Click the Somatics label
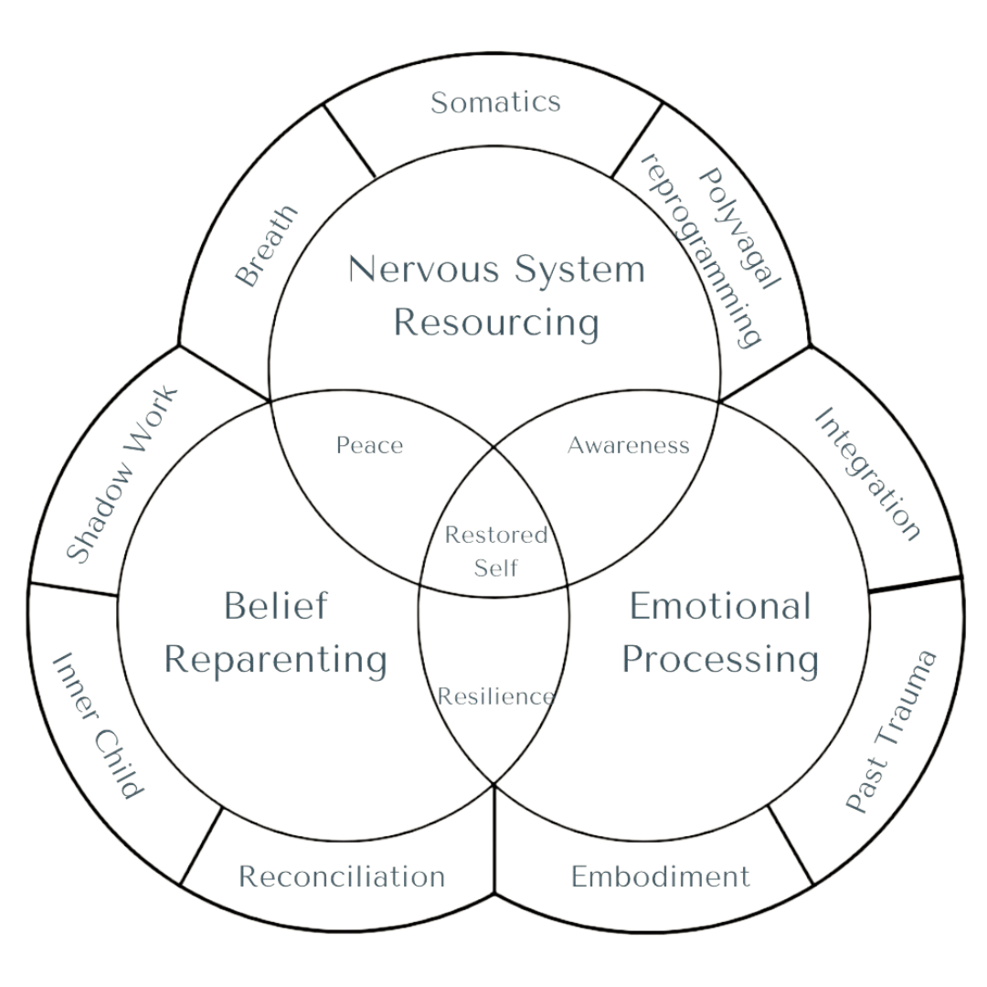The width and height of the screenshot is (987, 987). [x=494, y=101]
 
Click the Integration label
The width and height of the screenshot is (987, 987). [x=866, y=473]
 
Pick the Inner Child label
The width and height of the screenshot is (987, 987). [x=97, y=727]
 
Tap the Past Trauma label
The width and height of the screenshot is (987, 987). [x=889, y=731]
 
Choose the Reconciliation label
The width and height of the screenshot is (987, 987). [x=342, y=876]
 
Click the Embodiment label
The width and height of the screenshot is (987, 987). [x=661, y=876]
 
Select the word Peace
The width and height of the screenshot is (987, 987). [x=369, y=446]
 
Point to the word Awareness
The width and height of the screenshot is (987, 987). [x=628, y=445]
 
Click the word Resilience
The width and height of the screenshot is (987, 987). [x=494, y=696]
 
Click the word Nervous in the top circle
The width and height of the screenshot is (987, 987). [x=423, y=270]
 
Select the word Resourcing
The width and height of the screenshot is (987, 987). [x=495, y=323]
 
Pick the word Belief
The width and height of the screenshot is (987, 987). [x=275, y=605]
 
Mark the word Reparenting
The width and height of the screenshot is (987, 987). [x=275, y=659]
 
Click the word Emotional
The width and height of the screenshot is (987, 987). [x=720, y=605]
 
